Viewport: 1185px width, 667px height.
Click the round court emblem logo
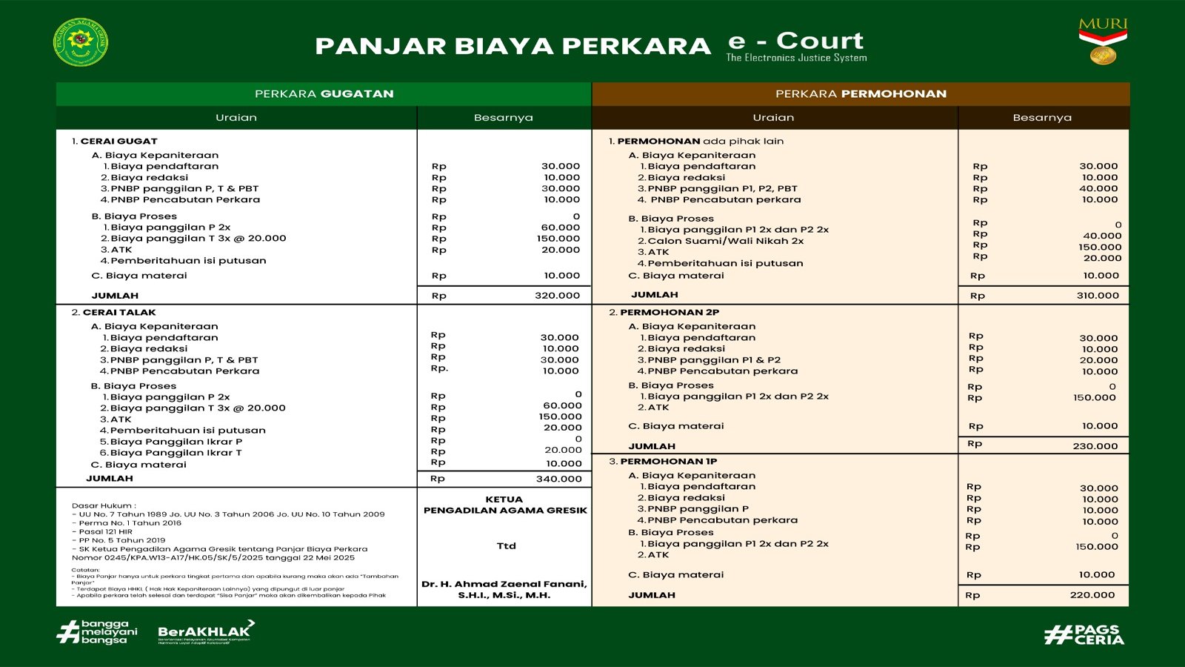(x=81, y=42)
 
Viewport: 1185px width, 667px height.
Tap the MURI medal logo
(x=1103, y=42)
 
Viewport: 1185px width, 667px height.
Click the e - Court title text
(x=796, y=42)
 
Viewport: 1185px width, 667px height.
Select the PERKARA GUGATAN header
(x=324, y=94)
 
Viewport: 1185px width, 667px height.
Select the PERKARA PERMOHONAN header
(x=861, y=94)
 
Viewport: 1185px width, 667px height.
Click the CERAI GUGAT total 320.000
(x=557, y=296)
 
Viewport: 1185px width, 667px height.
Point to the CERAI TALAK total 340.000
(x=558, y=479)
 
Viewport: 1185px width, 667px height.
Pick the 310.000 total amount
(x=1098, y=296)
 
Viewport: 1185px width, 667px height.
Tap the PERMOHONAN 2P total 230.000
(x=1095, y=446)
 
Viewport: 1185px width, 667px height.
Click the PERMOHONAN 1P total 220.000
(x=1092, y=595)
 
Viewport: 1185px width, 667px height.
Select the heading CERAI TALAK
(x=119, y=313)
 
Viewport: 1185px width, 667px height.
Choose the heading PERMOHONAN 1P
(x=668, y=462)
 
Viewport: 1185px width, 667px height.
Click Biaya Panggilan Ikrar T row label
(x=176, y=453)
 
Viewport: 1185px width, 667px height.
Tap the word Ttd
(x=506, y=546)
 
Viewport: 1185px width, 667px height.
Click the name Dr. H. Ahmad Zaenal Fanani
(x=504, y=585)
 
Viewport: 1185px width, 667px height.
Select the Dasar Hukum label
(x=104, y=505)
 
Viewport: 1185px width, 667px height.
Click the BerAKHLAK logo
(x=205, y=632)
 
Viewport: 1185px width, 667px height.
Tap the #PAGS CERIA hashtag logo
(x=1084, y=634)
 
